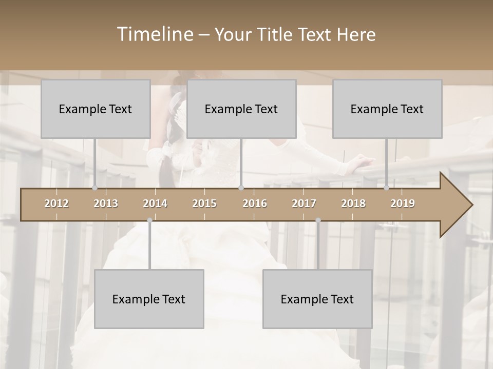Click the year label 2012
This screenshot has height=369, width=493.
point(56,203)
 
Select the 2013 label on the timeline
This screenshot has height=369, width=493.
point(106,203)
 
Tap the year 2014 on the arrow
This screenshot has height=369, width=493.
point(155,203)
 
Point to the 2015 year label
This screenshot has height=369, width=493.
point(204,203)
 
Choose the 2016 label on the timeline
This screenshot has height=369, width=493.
point(255,203)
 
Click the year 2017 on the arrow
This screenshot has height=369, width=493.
point(304,203)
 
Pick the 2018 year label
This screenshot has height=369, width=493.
point(353,203)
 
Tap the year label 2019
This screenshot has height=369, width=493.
point(403,203)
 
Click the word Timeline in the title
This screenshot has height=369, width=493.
point(155,34)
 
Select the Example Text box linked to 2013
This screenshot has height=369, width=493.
point(96,109)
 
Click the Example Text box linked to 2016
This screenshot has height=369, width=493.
point(241,109)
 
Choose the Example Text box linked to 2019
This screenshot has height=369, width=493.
point(387,109)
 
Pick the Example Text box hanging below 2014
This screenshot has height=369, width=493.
point(149,299)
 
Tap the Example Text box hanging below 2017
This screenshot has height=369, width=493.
point(317,299)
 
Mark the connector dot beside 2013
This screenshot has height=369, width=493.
point(94,188)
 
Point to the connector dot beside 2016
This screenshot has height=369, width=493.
point(241,188)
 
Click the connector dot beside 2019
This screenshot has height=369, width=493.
point(387,188)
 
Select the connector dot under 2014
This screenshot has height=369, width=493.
point(149,220)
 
